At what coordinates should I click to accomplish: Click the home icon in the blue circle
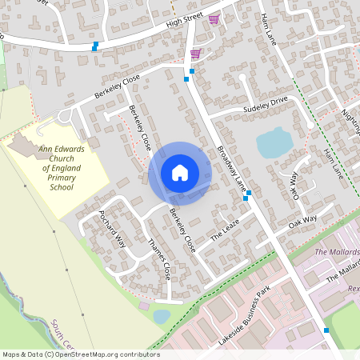coord(180,173)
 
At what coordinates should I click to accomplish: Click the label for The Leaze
coord(225,233)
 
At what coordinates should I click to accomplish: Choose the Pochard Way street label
coord(111,227)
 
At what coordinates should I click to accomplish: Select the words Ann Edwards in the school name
coord(67,148)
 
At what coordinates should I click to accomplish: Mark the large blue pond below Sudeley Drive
coord(274,143)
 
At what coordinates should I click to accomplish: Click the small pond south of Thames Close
coord(162,316)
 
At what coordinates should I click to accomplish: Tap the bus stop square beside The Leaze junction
coord(249,194)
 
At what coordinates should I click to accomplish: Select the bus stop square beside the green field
coord(326,330)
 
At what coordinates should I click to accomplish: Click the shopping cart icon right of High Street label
coord(213,19)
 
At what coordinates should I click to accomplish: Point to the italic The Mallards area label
coord(336,252)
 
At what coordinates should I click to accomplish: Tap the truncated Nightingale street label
coord(349,120)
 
